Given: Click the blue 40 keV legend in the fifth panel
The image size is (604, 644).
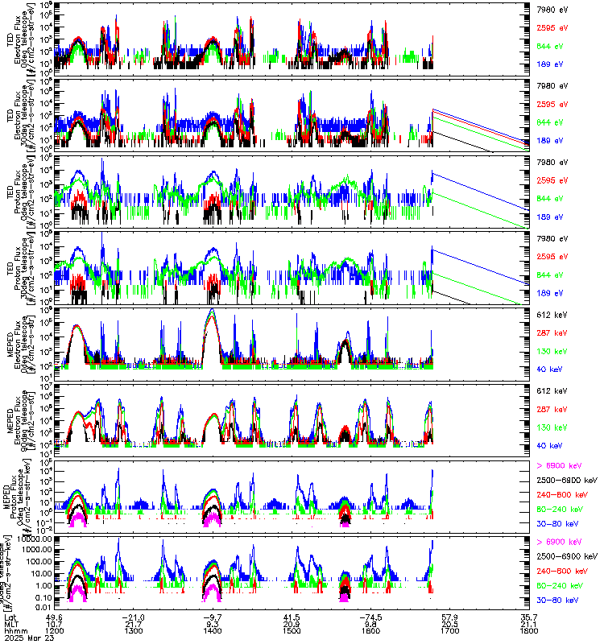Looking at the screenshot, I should (549, 367).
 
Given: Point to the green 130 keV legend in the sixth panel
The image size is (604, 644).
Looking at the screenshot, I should (552, 427).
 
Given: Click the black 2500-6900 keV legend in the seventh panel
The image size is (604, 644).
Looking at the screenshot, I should (567, 480).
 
